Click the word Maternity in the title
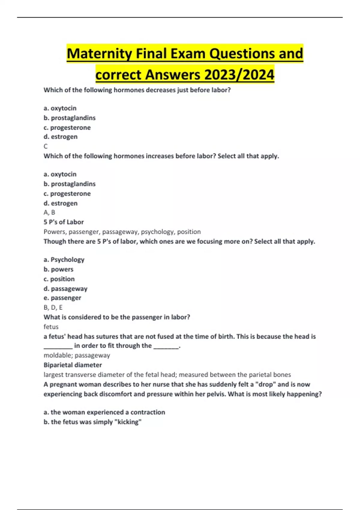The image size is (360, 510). click(x=99, y=54)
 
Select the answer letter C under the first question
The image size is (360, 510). click(x=46, y=146)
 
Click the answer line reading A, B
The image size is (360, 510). click(x=49, y=212)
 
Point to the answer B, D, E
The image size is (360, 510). click(x=53, y=307)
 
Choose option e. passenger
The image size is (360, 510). click(x=62, y=298)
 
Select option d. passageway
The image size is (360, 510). click(x=65, y=289)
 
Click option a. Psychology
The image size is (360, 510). click(x=64, y=259)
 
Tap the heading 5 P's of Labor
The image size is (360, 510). click(x=64, y=222)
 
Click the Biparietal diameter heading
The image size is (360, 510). click(x=73, y=365)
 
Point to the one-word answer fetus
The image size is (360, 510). click(x=51, y=327)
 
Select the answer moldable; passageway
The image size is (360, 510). click(x=77, y=355)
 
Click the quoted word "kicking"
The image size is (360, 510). click(x=128, y=422)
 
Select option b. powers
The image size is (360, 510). click(x=58, y=269)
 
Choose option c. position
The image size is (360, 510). click(x=59, y=279)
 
